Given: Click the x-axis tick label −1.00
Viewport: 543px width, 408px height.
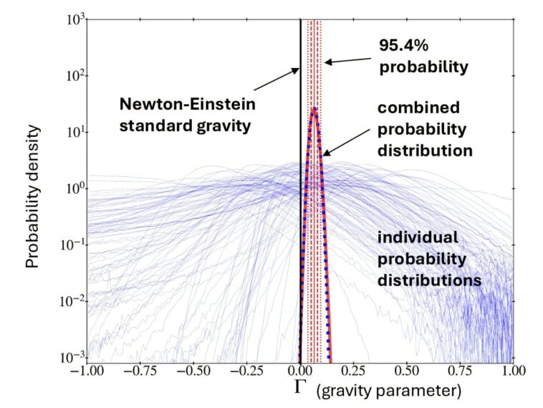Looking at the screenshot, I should coord(86,374).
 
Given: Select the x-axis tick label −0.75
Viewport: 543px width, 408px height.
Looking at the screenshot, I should coord(139,374).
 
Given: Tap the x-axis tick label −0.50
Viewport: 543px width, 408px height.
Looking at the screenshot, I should coord(193,374).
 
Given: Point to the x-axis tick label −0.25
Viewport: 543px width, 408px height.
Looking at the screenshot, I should coord(246,374).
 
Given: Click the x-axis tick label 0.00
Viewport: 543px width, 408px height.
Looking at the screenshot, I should coord(299,374).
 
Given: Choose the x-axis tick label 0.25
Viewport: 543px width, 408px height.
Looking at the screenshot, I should coord(353,374).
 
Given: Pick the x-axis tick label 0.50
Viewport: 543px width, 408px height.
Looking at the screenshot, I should coord(406,374).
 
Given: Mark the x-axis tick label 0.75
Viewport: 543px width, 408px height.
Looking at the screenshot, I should coord(460,374).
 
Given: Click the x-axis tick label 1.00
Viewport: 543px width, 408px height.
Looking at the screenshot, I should coord(513,374).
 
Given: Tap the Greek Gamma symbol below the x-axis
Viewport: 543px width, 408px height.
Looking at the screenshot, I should coord(302,389).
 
